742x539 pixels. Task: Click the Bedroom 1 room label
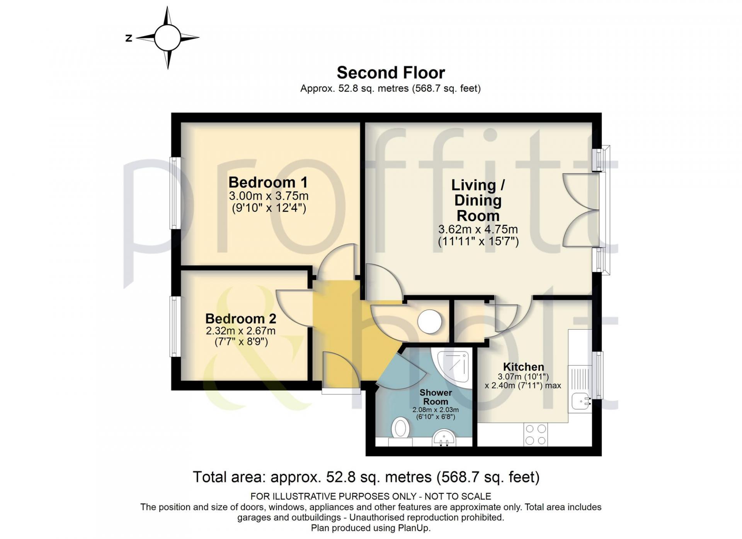click(268, 182)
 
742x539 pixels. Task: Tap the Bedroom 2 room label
click(241, 319)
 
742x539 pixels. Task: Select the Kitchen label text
click(523, 367)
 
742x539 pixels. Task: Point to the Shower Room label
click(436, 397)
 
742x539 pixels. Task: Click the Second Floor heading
click(391, 73)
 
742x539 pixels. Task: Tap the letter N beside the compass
click(129, 38)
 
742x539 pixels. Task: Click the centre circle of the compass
click(168, 37)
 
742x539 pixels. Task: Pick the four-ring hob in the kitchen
click(536, 434)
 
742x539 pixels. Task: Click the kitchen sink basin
click(581, 401)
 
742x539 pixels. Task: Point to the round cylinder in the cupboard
click(430, 322)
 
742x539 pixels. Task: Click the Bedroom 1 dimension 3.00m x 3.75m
click(269, 196)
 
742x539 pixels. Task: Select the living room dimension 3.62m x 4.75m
click(478, 229)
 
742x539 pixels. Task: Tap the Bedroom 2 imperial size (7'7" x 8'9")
click(241, 342)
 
